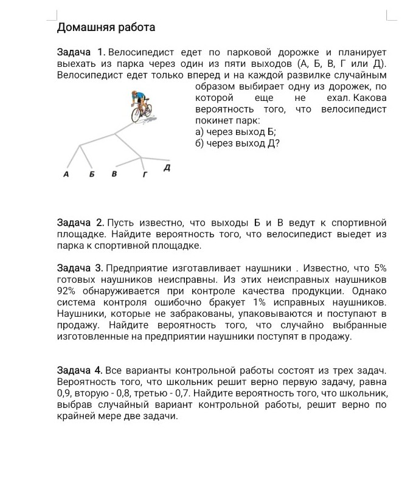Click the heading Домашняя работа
tap(106, 27)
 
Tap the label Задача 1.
tap(81, 55)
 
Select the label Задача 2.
tap(80, 224)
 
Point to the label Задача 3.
tap(80, 269)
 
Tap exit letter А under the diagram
tap(66, 174)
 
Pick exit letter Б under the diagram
tap(92, 174)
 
